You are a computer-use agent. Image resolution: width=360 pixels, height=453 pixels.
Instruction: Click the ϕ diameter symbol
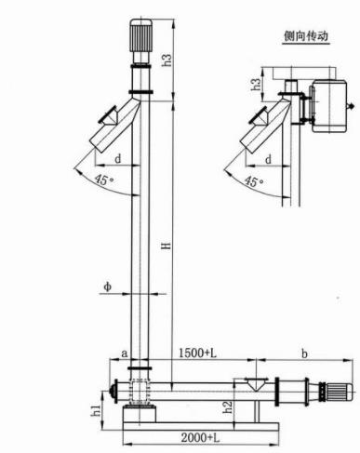pyautogui.click(x=108, y=286)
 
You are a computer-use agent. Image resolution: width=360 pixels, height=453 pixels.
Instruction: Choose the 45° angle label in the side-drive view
pyautogui.click(x=253, y=181)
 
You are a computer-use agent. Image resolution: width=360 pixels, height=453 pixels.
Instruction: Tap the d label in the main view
pyautogui.click(x=118, y=159)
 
